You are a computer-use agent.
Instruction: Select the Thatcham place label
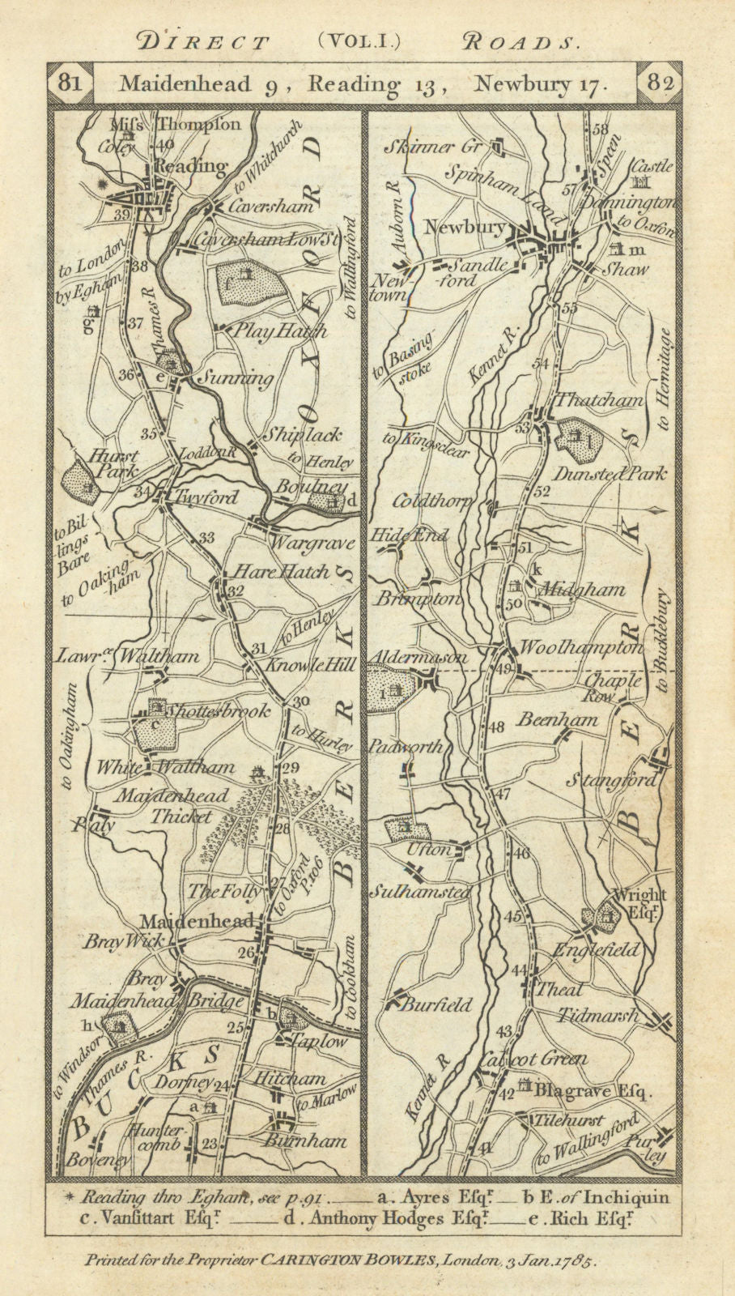(x=600, y=400)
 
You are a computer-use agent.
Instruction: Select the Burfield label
(x=436, y=1005)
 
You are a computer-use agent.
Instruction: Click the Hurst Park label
(x=118, y=463)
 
